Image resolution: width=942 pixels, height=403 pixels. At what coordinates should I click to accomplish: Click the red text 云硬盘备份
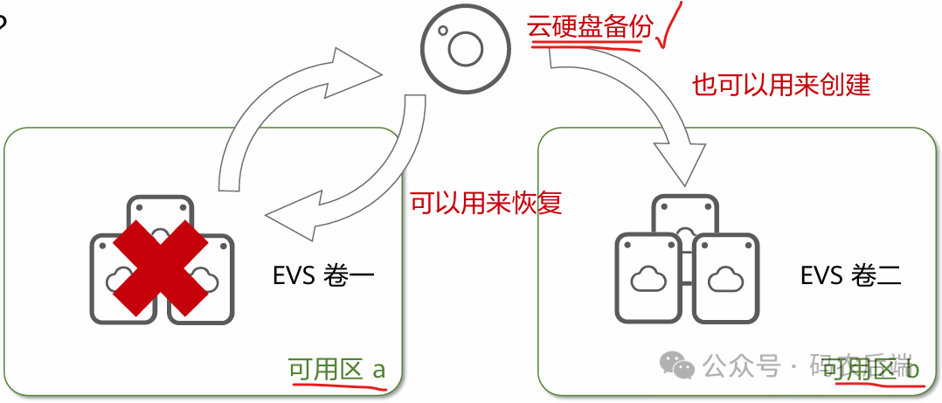click(x=590, y=27)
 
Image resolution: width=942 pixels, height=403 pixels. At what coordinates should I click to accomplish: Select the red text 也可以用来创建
click(x=781, y=85)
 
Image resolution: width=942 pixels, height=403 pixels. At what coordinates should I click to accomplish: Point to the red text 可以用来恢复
click(x=486, y=203)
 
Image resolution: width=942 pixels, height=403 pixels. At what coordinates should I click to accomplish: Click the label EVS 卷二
click(x=850, y=278)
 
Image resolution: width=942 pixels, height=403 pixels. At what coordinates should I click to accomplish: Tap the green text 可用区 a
click(x=336, y=370)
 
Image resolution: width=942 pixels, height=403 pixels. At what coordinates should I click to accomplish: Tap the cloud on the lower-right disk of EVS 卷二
click(x=724, y=280)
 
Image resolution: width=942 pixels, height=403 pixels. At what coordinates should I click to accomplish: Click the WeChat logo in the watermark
click(x=678, y=365)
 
